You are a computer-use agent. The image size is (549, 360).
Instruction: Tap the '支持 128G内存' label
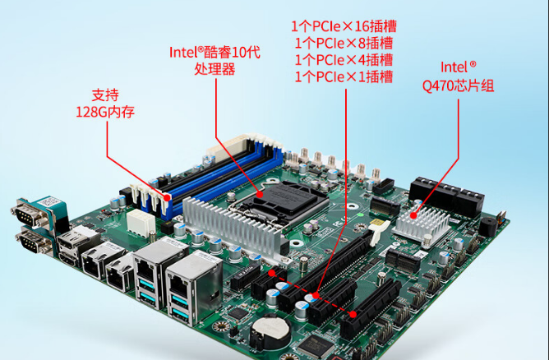point(99,103)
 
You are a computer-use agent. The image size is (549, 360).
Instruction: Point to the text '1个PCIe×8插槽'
point(343,43)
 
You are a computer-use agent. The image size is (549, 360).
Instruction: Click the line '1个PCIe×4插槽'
point(343,60)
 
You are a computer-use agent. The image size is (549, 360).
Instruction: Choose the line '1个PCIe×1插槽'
point(343,77)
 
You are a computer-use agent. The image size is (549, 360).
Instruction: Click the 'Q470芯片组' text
point(459,85)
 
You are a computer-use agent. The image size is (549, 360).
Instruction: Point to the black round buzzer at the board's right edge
point(489,226)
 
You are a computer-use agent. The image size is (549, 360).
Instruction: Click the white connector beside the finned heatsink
point(137,222)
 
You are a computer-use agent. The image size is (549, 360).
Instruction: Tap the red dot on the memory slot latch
point(169,197)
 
